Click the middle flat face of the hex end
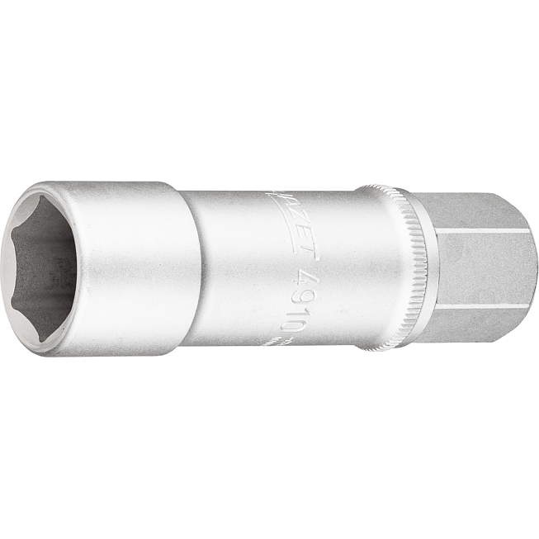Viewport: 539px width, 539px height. pyautogui.click(x=487, y=268)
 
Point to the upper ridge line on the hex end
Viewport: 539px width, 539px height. pyautogui.click(x=487, y=231)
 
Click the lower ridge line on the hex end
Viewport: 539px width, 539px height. pyautogui.click(x=487, y=306)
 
